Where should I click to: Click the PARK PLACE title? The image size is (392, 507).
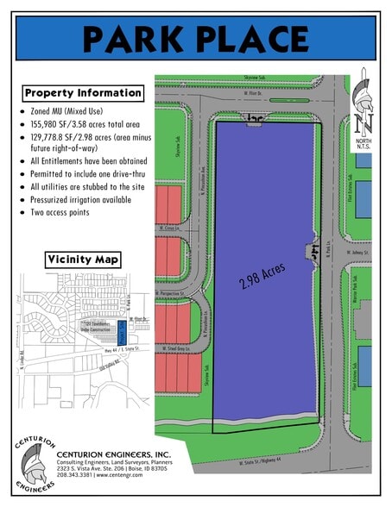pyautogui.click(x=196, y=38)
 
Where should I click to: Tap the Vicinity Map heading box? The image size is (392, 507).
pyautogui.click(x=84, y=259)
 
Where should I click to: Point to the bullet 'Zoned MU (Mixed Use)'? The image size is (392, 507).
pyautogui.click(x=76, y=113)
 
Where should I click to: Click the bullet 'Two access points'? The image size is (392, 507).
pyautogui.click(x=60, y=211)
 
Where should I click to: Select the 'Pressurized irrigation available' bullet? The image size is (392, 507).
pyautogui.click(x=80, y=199)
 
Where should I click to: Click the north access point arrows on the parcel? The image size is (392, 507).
pyautogui.click(x=255, y=120)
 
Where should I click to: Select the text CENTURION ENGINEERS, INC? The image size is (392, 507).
pyautogui.click(x=113, y=454)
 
